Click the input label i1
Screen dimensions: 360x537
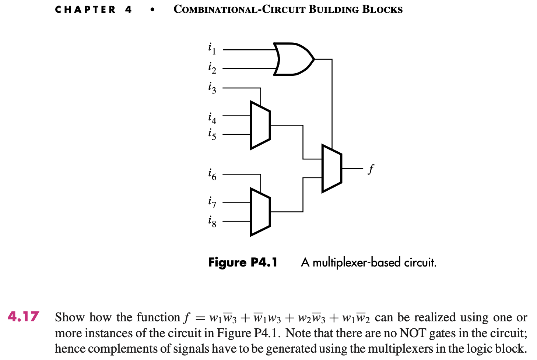pyautogui.click(x=212, y=48)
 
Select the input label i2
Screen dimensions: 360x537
pyautogui.click(x=212, y=68)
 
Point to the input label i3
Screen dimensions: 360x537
pyautogui.click(x=212, y=88)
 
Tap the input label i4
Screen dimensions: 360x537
pyautogui.click(x=212, y=118)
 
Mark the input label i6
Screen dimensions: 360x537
pyautogui.click(x=212, y=174)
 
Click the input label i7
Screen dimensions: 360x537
pyautogui.click(x=212, y=202)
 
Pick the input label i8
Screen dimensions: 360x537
pyautogui.click(x=212, y=221)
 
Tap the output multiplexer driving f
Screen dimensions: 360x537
pyautogui.click(x=332, y=168)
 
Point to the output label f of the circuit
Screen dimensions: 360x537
pyautogui.click(x=371, y=169)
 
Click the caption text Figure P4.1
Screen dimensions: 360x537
pyautogui.click(x=243, y=262)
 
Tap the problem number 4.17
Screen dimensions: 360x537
pyautogui.click(x=23, y=317)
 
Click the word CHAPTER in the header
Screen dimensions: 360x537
pyautogui.click(x=85, y=10)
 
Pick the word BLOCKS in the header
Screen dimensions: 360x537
pyautogui.click(x=383, y=10)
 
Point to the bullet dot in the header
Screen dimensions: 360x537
pyautogui.click(x=152, y=10)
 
